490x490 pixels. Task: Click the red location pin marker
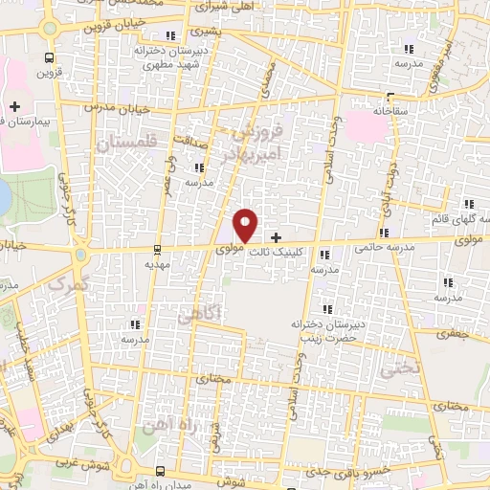246,225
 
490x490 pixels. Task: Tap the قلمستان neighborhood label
125,142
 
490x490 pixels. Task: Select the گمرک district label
66,283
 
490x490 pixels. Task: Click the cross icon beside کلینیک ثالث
277,236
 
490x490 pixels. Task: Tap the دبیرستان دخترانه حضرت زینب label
329,331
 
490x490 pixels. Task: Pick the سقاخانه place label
390,111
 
